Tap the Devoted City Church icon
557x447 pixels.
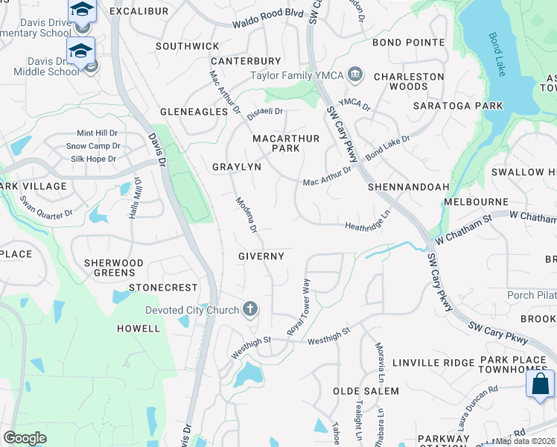tap(251, 309)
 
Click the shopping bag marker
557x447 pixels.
tap(540, 384)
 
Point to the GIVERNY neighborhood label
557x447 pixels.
tap(261, 256)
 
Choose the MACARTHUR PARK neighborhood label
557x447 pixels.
tap(286, 143)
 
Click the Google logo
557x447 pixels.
tap(25, 438)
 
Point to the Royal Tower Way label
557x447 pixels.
tap(299, 306)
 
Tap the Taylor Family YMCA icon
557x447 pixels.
tap(355, 74)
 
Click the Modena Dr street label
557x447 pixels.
tap(246, 215)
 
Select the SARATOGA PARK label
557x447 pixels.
tap(469, 106)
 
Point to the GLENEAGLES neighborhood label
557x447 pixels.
tap(194, 112)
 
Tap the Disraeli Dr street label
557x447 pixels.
tap(265, 112)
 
